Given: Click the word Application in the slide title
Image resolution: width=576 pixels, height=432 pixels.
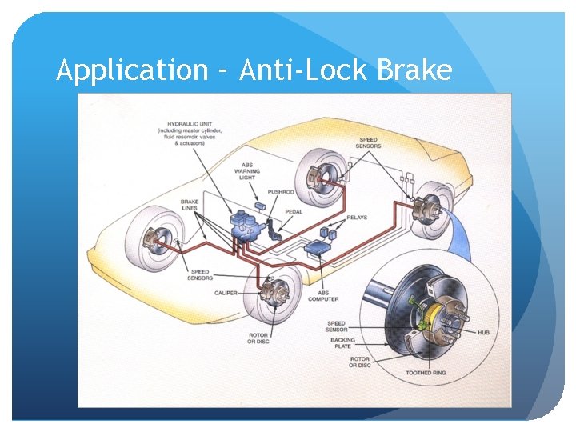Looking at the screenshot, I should point(132,71).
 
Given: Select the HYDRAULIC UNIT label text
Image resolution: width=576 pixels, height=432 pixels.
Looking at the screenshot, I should point(190,132).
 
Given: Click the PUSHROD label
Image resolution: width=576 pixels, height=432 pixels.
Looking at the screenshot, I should point(281,192).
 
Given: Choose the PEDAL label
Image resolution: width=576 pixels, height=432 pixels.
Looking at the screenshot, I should point(294,211).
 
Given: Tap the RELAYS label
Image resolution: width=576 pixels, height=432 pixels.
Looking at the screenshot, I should point(358,216).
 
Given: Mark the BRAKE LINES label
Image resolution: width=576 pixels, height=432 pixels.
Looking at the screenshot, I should point(190,205).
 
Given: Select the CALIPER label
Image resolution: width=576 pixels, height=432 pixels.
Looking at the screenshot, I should point(226,293).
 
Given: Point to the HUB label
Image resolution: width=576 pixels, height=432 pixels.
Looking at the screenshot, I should point(484,332).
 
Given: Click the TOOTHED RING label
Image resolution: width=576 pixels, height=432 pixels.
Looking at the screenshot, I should point(426,373).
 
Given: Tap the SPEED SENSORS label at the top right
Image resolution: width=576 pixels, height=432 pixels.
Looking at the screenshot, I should point(370,142).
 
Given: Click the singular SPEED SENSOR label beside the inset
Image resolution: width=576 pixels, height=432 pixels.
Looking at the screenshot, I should point(336,326).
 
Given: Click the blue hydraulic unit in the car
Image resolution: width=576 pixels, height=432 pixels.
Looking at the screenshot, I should point(242,225).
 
